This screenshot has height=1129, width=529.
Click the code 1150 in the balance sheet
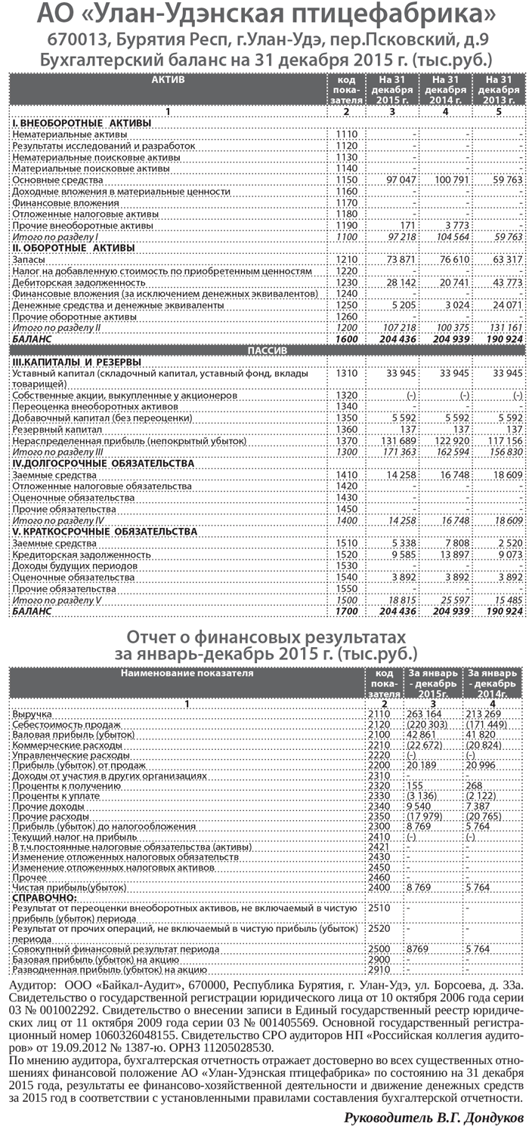345,180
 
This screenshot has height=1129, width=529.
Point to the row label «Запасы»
29,259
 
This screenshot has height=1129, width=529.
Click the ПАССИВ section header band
264,350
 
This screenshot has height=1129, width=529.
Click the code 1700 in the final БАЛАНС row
345,611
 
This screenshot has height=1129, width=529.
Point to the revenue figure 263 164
423,713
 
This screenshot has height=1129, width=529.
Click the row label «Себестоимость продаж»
57,723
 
